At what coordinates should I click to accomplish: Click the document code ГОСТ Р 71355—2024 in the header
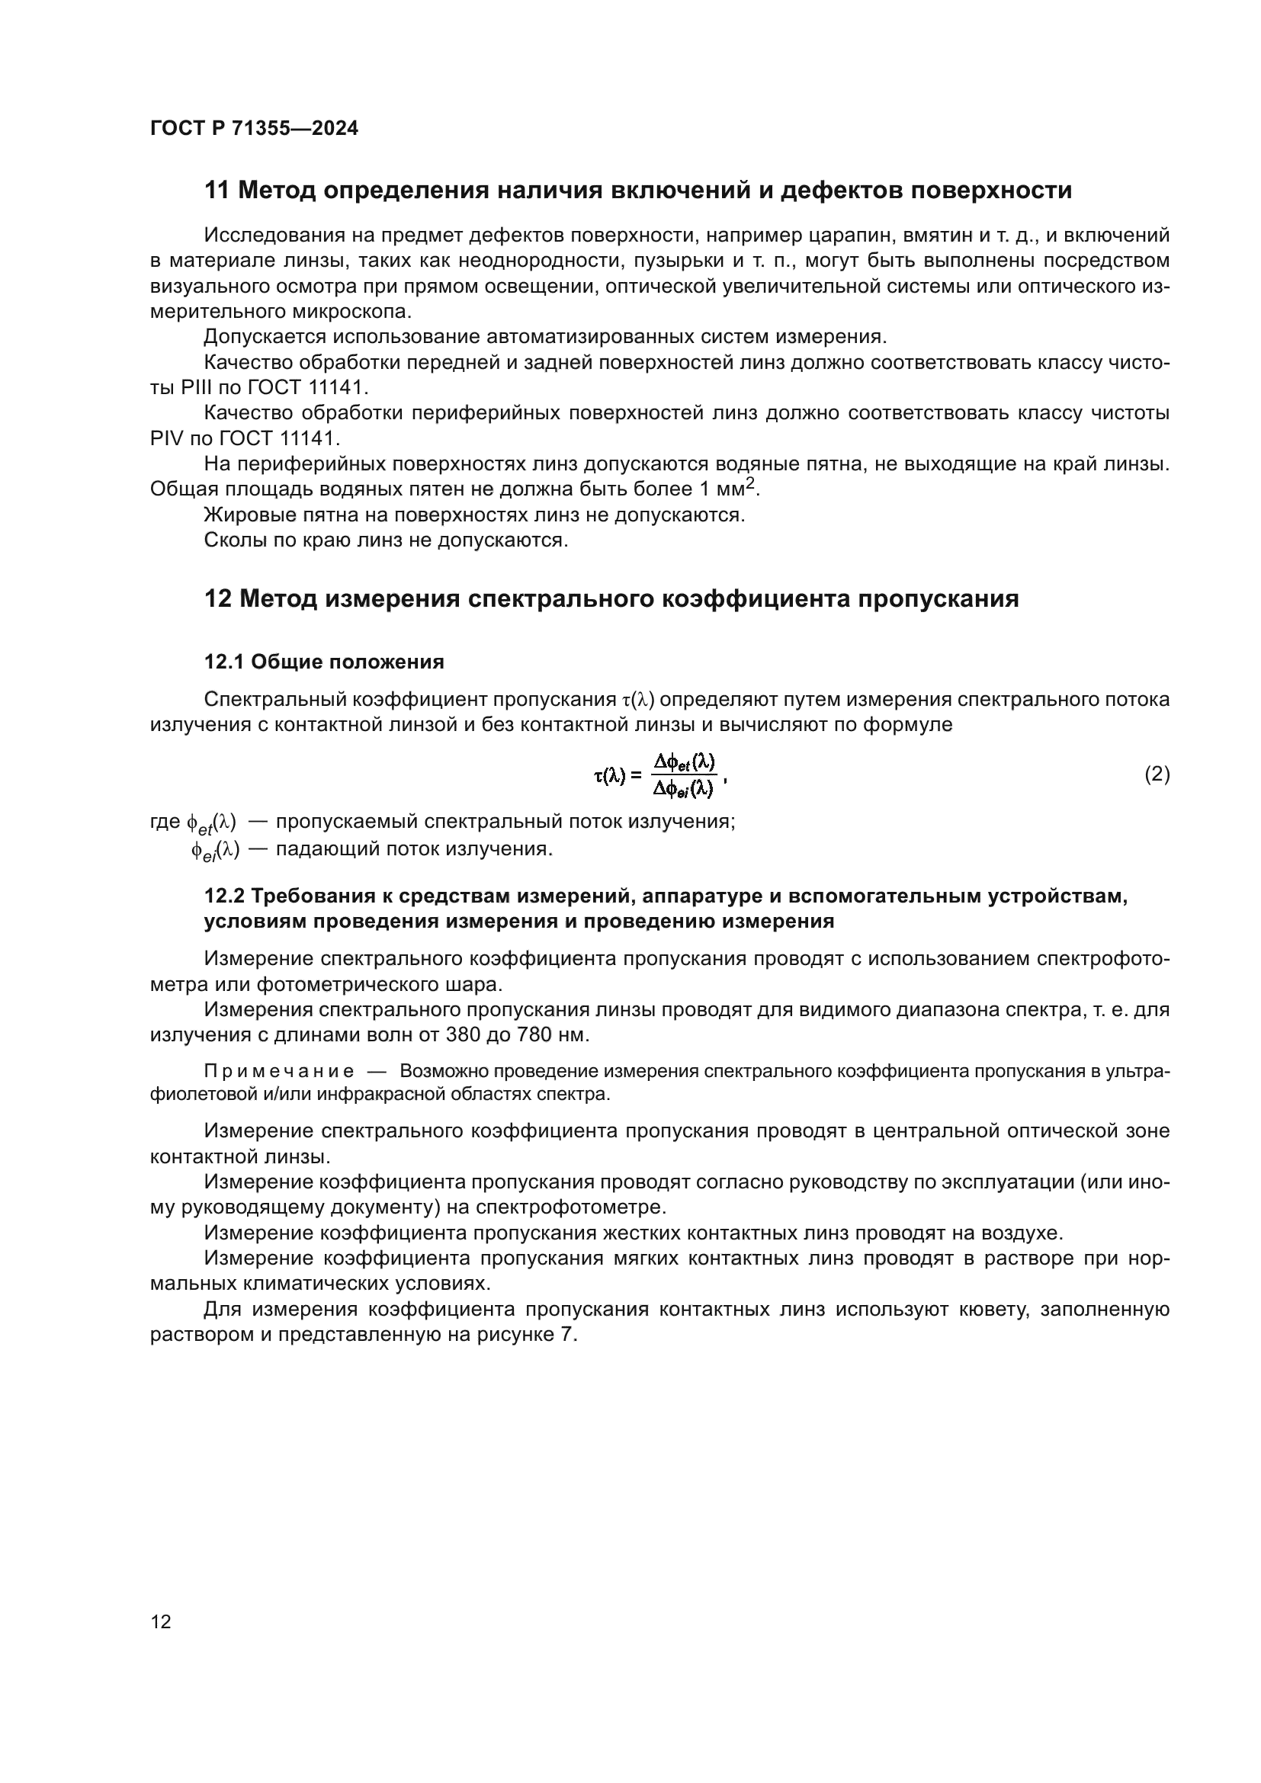254,128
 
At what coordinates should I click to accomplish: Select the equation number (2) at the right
1157,774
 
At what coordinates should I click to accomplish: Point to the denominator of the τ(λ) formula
682,789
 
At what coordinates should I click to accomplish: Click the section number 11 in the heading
217,191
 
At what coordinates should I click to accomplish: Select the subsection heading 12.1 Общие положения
324,662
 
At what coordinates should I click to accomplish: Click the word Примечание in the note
279,1072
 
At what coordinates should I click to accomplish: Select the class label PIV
165,439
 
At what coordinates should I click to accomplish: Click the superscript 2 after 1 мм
751,484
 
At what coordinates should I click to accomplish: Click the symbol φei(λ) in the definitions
215,849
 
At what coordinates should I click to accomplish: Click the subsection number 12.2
224,896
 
